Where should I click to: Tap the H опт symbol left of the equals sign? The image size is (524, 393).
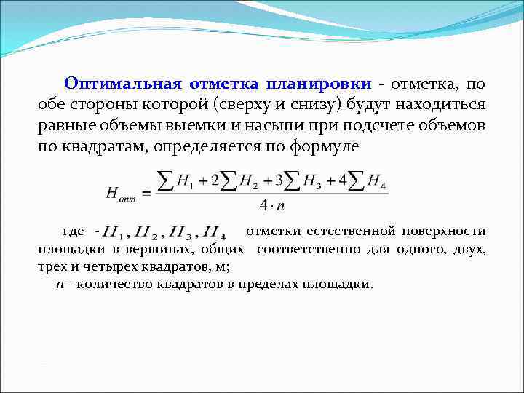[x=122, y=192]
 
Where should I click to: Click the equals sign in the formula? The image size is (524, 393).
[x=144, y=193]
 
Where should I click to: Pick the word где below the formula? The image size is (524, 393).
[x=74, y=231]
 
